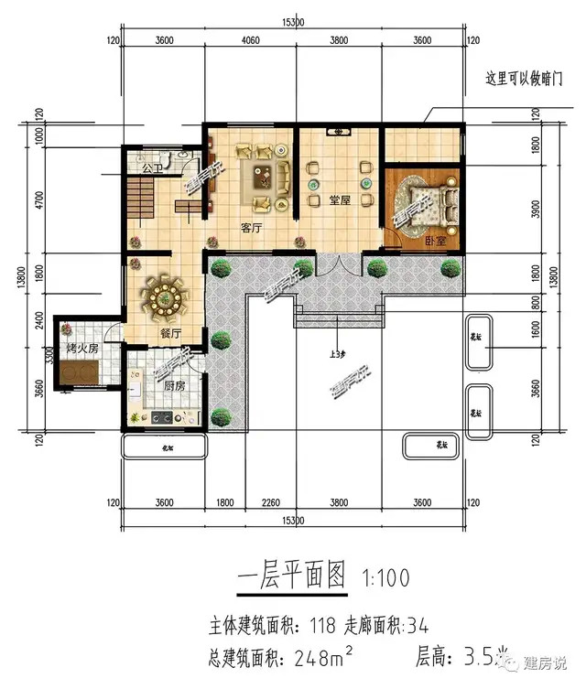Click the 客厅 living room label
(x=252, y=227)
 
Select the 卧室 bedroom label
(x=435, y=241)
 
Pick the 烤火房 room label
(x=82, y=350)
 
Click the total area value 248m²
(x=320, y=655)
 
